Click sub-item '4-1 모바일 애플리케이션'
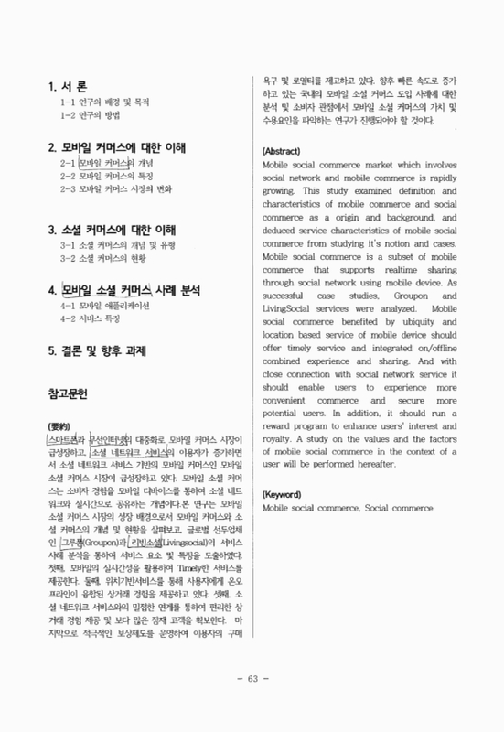coord(106,307)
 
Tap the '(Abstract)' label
coord(284,150)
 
